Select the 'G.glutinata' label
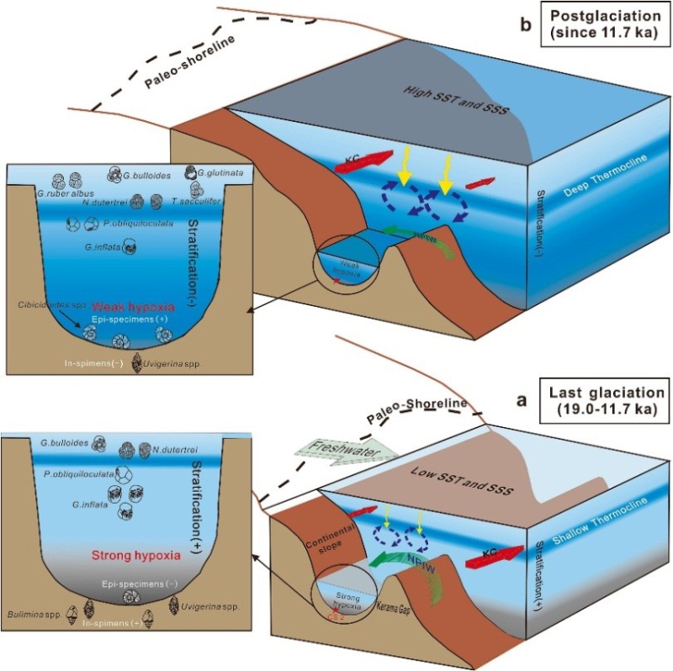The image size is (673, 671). (221, 173)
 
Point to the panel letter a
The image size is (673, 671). (522, 402)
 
